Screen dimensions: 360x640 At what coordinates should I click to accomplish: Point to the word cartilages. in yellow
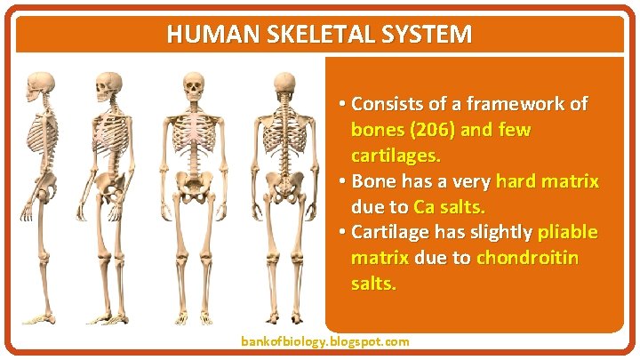pyautogui.click(x=396, y=156)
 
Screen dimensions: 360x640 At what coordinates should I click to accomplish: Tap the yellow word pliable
pyautogui.click(x=567, y=233)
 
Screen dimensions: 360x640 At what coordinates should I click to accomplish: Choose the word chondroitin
pyautogui.click(x=527, y=259)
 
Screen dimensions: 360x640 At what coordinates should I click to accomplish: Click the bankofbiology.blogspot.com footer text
pyautogui.click(x=325, y=341)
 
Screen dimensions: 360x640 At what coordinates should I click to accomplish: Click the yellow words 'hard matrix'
pyautogui.click(x=548, y=181)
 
